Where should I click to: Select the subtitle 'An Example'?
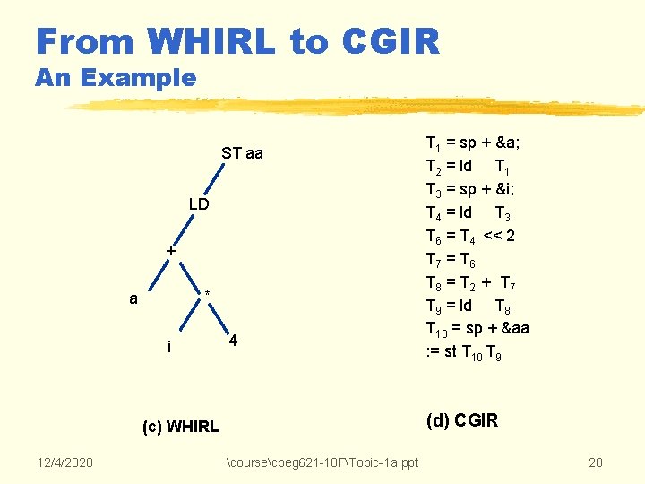click(x=116, y=78)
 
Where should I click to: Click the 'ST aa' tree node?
click(x=242, y=153)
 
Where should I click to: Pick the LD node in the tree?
click(x=198, y=204)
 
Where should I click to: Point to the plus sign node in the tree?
click(x=170, y=253)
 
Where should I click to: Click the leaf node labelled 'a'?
click(x=133, y=298)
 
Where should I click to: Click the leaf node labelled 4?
click(x=233, y=341)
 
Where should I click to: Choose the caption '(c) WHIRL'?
click(x=180, y=427)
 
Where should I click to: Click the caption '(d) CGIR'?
click(x=462, y=419)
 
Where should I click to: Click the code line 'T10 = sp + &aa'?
click(x=477, y=329)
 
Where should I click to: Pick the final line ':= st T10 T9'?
click(x=464, y=352)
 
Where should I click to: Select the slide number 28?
click(x=595, y=462)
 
